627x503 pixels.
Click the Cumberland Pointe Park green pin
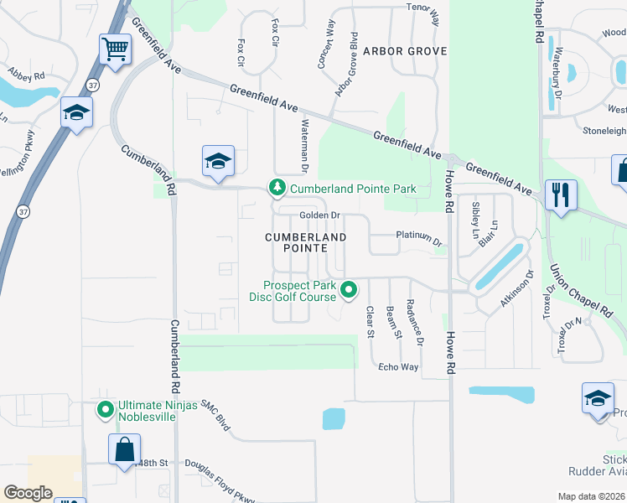[x=275, y=189]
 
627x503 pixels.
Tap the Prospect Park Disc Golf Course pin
[x=349, y=290]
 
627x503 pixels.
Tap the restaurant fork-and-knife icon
[x=559, y=195]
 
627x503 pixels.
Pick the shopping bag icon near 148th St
[x=124, y=449]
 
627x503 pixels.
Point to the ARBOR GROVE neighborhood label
[x=404, y=51]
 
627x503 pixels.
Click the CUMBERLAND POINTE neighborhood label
[x=305, y=243]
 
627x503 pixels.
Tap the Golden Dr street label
[x=319, y=216]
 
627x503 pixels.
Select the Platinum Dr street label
[x=418, y=236]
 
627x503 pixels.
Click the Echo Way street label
[x=398, y=367]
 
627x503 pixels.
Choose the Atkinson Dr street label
[x=517, y=288]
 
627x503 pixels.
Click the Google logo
[x=28, y=493]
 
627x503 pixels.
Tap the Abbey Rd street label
[x=27, y=77]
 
